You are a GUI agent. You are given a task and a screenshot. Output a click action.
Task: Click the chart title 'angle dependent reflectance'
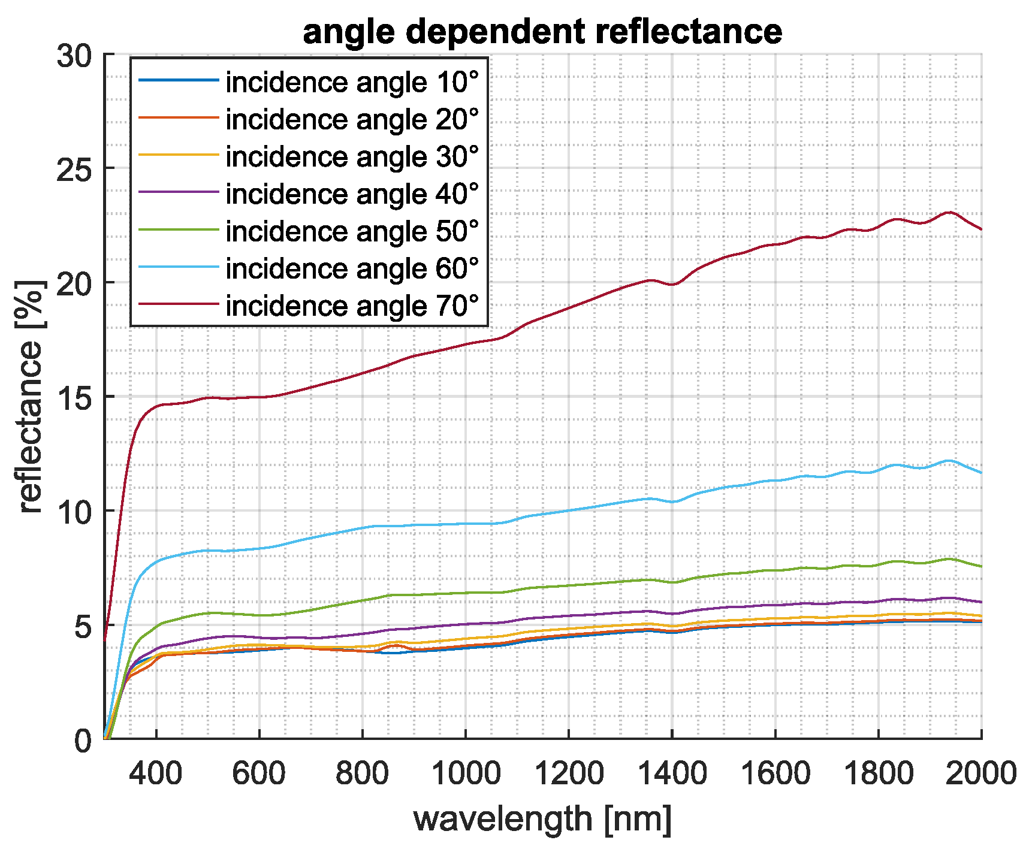click(x=542, y=31)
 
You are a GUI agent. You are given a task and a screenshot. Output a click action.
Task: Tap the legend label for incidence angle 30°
click(x=352, y=157)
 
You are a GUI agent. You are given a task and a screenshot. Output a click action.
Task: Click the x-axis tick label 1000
click(x=465, y=774)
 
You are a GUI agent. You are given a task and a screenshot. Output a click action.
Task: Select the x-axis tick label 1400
click(x=672, y=774)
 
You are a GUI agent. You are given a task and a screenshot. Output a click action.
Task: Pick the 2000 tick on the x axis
click(x=980, y=774)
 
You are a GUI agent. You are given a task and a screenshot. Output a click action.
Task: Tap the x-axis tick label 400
click(x=156, y=774)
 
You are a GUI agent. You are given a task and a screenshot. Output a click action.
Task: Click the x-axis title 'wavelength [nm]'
click(x=542, y=818)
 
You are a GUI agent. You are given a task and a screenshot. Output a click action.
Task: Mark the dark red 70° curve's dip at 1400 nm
click(x=672, y=284)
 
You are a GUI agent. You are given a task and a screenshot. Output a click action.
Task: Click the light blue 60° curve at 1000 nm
click(x=465, y=524)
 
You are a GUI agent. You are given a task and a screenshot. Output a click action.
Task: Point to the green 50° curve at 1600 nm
click(x=775, y=570)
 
